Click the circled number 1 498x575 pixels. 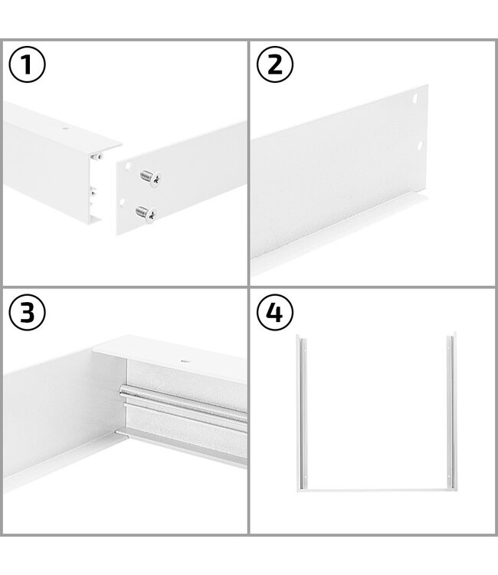(28, 65)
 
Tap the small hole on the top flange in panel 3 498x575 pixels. (183, 360)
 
